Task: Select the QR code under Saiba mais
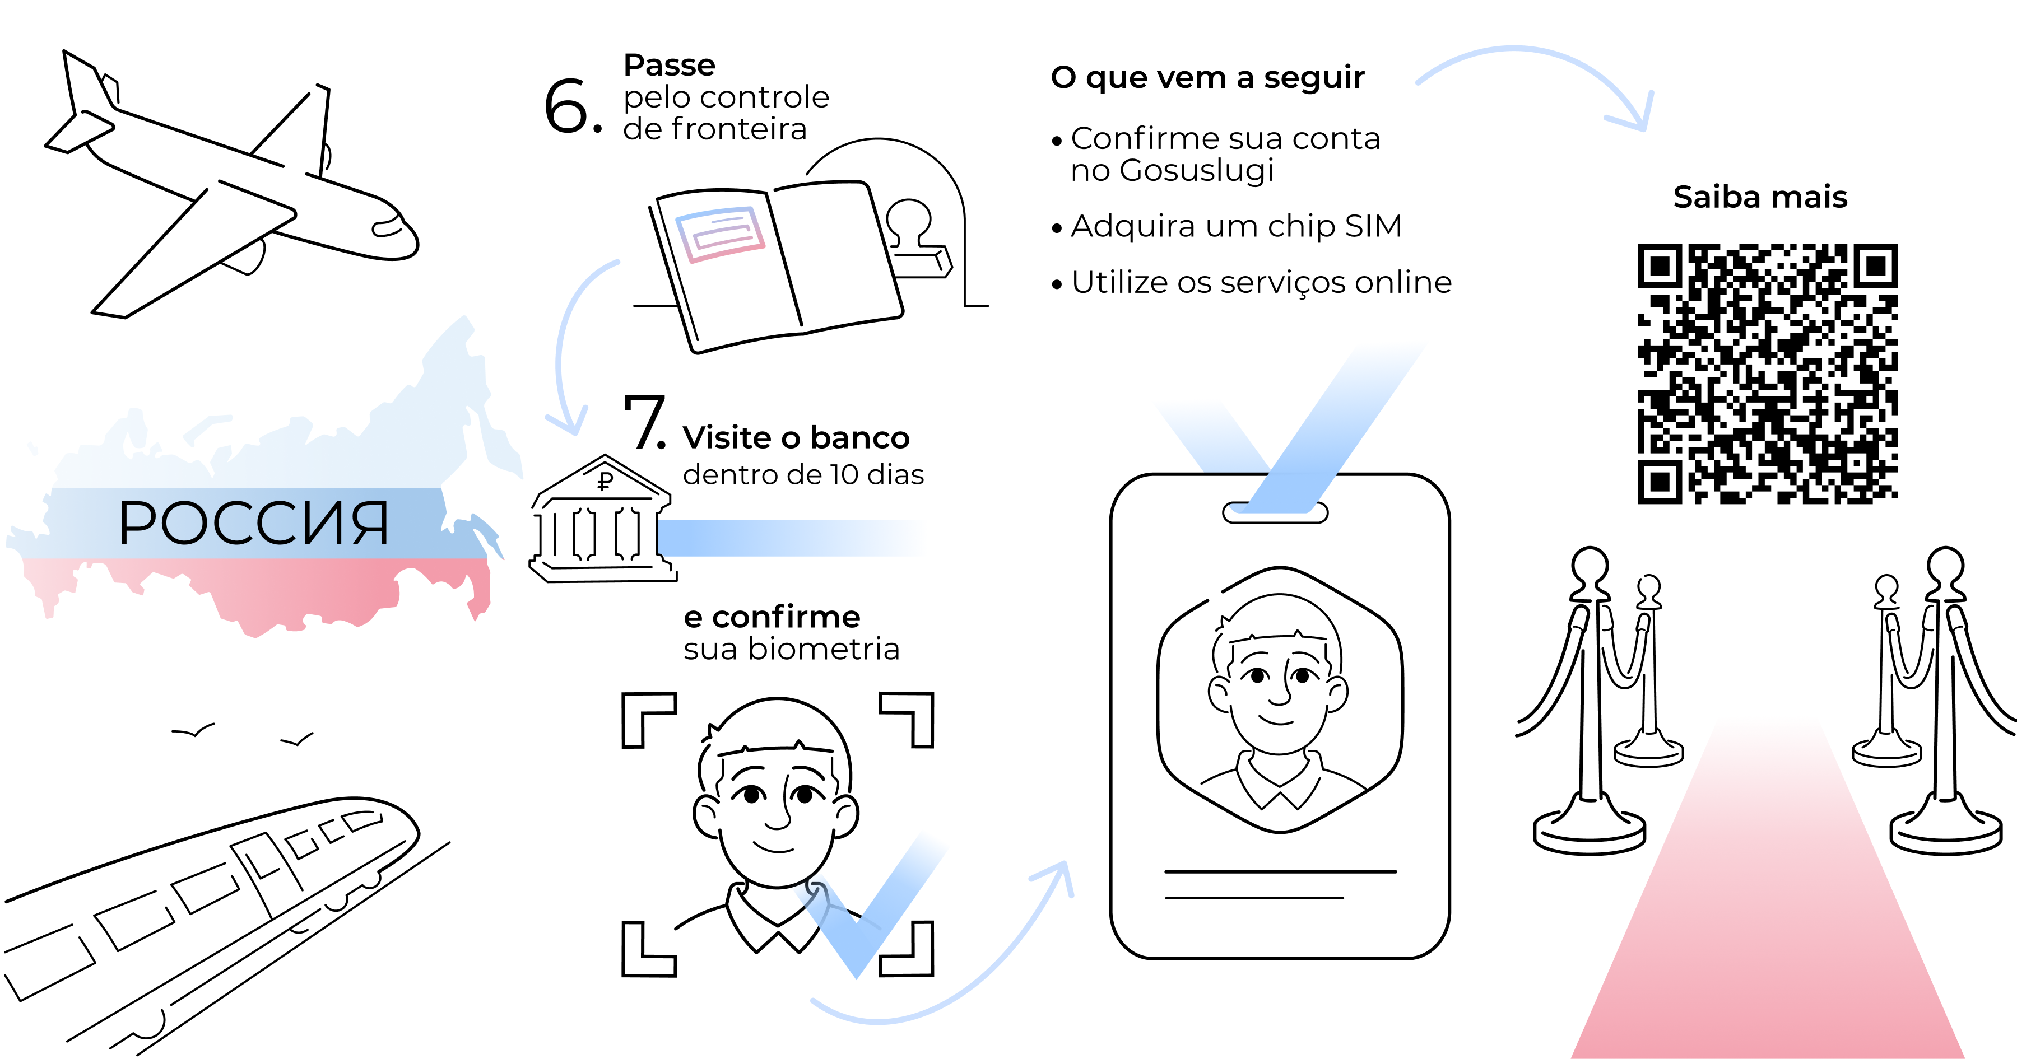[1767, 374]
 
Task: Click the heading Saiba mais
[1760, 197]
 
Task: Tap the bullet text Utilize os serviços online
[1261, 282]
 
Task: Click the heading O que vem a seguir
[1207, 77]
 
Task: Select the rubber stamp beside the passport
[916, 239]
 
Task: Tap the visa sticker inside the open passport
[719, 233]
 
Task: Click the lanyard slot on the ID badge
[1275, 512]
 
